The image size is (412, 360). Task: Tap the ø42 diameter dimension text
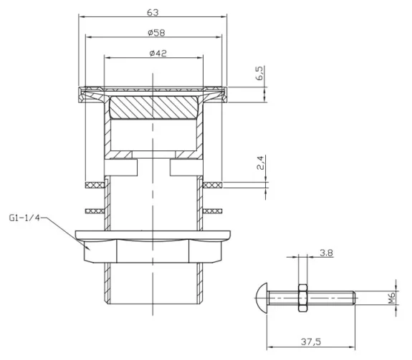pos(155,54)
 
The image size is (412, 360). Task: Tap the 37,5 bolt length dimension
pos(311,341)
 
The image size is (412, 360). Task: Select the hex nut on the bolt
pos(301,296)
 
